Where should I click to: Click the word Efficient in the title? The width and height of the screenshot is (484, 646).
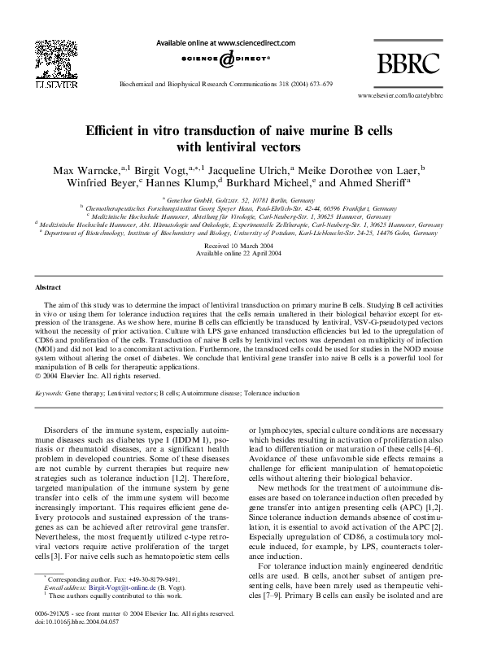click(120, 131)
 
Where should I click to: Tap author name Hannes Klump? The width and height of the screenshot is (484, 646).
click(176, 183)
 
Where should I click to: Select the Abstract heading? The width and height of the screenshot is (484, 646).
click(50, 288)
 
